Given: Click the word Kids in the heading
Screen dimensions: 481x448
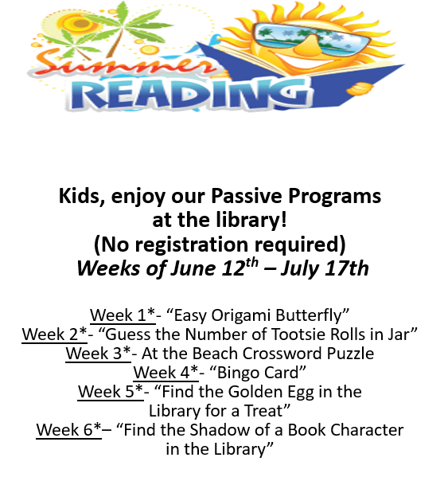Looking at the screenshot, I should click(79, 195).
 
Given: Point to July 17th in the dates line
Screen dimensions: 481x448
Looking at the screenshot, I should click(327, 268).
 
